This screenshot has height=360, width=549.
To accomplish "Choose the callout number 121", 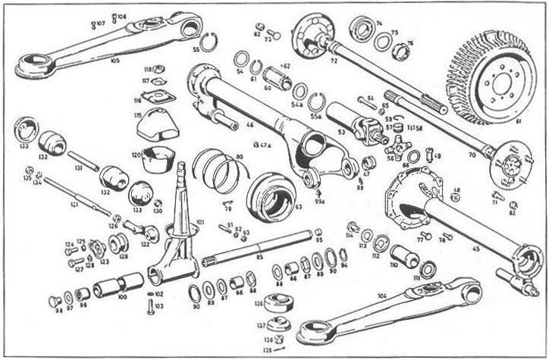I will pyautogui.click(x=74, y=205).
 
